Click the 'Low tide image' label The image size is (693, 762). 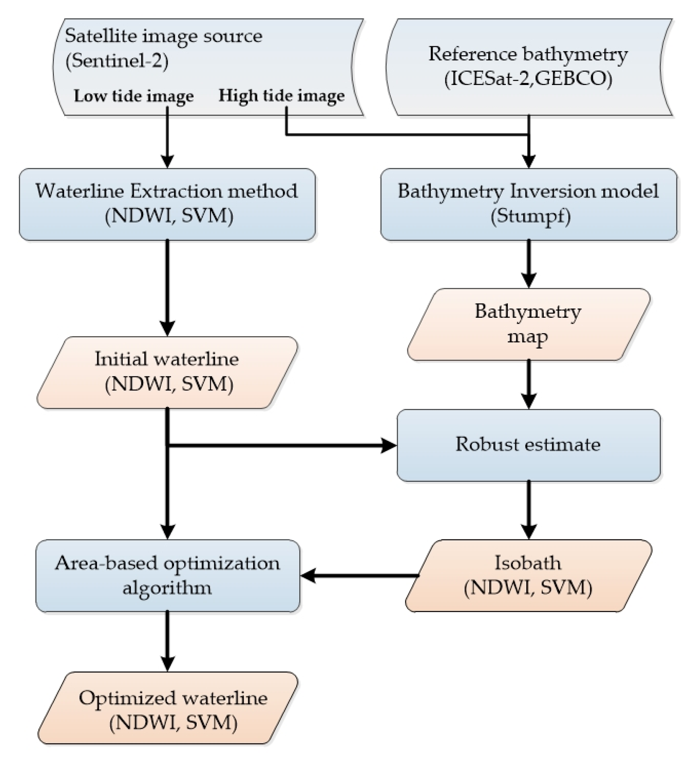tap(133, 96)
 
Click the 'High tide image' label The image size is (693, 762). tap(281, 96)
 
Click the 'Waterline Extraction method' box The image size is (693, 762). tap(167, 204)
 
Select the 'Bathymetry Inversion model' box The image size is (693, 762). tap(528, 204)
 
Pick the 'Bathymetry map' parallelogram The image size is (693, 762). tap(528, 324)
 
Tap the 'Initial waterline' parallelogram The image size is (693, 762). tap(167, 371)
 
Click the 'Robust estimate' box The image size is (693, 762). tap(528, 445)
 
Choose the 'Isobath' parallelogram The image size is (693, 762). tap(528, 575)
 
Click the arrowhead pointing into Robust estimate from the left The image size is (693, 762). tap(388, 445)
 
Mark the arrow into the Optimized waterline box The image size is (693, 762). tap(167, 641)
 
